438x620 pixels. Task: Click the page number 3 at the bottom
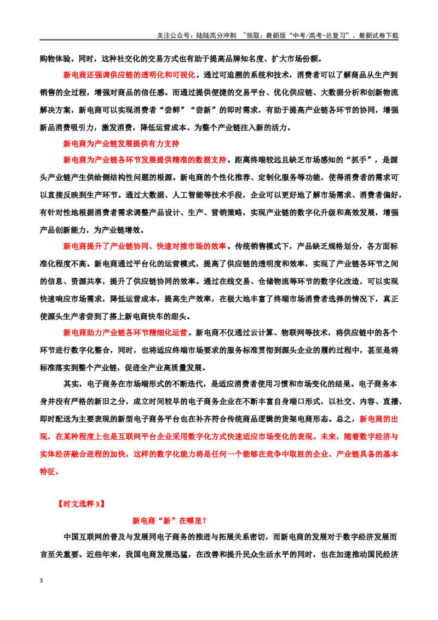42,581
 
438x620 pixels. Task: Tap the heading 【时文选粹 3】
81,504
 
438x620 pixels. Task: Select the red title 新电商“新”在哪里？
170,521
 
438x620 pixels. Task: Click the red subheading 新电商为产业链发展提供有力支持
122,143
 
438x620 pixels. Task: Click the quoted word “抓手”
359,160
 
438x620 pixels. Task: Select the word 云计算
261,332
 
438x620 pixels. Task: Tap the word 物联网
292,332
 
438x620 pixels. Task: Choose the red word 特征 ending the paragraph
48,472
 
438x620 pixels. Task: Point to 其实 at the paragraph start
71,384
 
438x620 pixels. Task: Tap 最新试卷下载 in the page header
379,36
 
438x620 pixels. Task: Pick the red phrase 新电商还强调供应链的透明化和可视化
129,74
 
